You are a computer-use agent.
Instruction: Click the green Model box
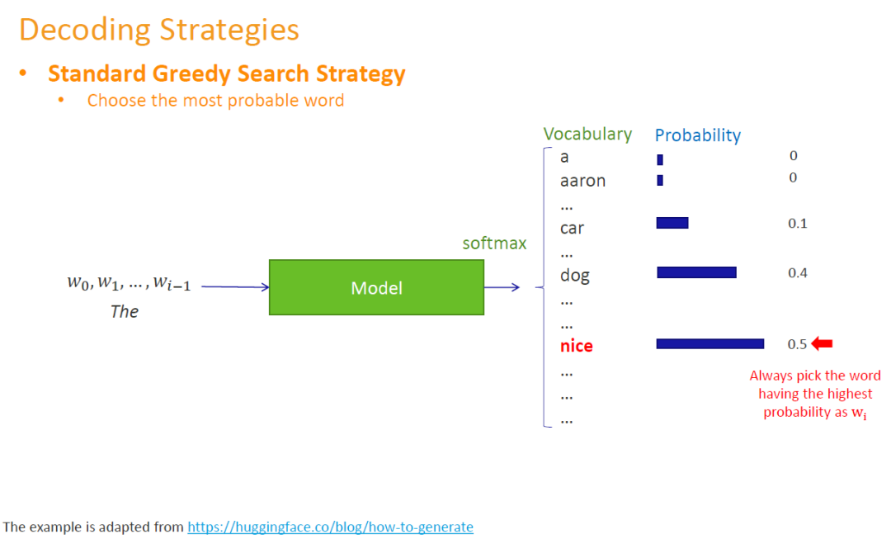pos(376,287)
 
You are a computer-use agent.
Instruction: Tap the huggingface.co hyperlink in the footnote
pos(330,527)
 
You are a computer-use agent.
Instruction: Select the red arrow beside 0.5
pos(823,343)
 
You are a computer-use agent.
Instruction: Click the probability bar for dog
pos(696,272)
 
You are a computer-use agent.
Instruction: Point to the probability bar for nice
pos(709,343)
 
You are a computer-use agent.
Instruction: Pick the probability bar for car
pos(672,223)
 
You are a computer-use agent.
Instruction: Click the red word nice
pos(576,346)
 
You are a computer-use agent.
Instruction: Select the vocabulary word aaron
pos(582,181)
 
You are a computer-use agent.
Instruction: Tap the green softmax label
pos(494,243)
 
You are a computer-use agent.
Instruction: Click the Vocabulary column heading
pos(587,134)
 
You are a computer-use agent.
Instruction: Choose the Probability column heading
pos(698,135)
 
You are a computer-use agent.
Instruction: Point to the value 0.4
pos(797,273)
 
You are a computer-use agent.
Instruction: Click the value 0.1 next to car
pos(797,224)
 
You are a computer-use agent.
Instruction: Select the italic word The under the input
pos(125,312)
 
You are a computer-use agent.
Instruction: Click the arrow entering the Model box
pos(235,287)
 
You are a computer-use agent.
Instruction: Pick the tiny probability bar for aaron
pos(660,180)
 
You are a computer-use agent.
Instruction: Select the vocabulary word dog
pos(575,275)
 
